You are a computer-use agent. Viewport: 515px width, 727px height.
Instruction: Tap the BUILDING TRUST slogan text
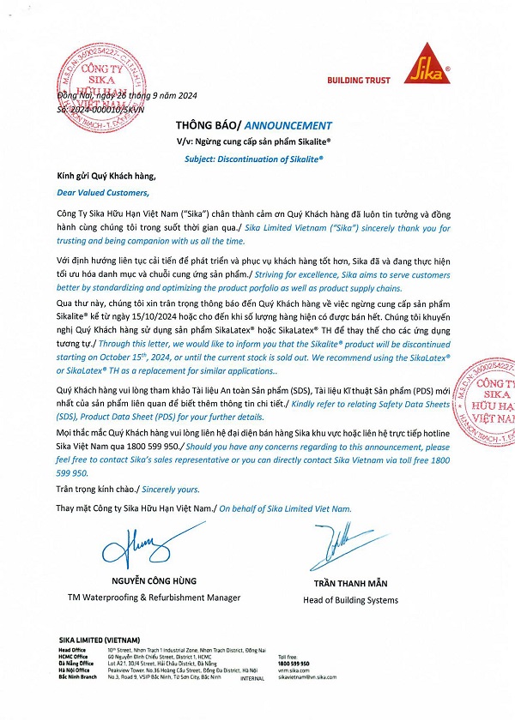tap(359, 81)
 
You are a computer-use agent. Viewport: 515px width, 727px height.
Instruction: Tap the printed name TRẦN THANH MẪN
tap(350, 584)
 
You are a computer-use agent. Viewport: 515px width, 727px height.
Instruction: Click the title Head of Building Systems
tap(350, 600)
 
